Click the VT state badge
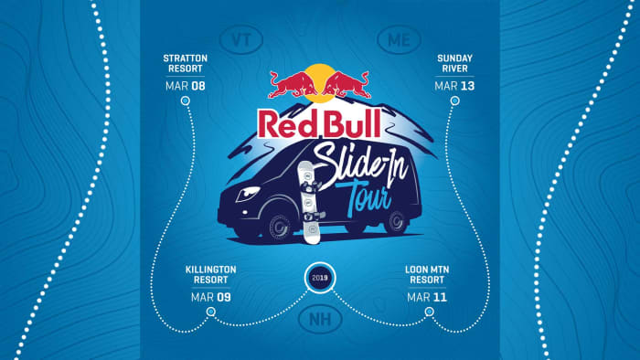[241, 41]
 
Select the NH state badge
[319, 321]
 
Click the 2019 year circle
[319, 277]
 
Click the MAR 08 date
[186, 87]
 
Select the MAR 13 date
[455, 87]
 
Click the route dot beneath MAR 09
[211, 312]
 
